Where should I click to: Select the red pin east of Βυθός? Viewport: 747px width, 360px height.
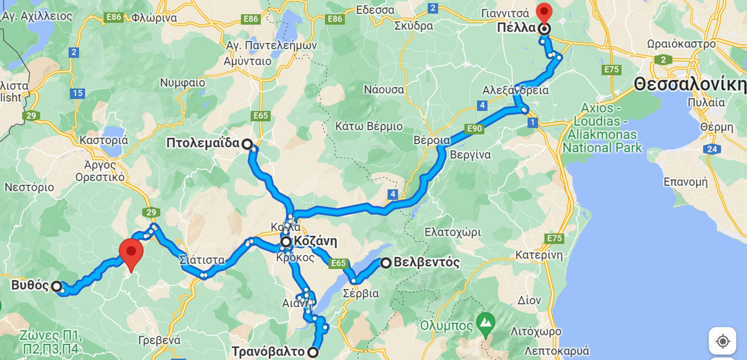(x=131, y=253)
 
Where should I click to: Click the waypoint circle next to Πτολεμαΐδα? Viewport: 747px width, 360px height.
(x=247, y=144)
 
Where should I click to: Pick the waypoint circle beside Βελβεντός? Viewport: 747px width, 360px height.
(x=386, y=263)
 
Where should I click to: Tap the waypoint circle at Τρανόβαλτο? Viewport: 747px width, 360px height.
(x=313, y=352)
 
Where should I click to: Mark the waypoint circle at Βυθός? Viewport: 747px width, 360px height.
(x=56, y=286)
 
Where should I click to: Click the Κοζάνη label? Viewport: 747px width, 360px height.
(x=315, y=242)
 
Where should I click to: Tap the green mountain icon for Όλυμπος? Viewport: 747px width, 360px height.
(x=485, y=321)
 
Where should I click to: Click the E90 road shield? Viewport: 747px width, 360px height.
(x=474, y=128)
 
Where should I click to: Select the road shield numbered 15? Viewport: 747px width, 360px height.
(x=77, y=93)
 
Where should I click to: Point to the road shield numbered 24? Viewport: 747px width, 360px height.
(x=712, y=149)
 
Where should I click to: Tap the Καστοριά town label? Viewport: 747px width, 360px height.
(x=103, y=140)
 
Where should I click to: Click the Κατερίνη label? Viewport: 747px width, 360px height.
(x=539, y=255)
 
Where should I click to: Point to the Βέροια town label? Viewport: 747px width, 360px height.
(x=432, y=141)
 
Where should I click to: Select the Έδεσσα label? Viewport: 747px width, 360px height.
(x=375, y=10)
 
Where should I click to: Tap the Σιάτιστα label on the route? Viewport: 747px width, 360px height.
(x=202, y=260)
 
